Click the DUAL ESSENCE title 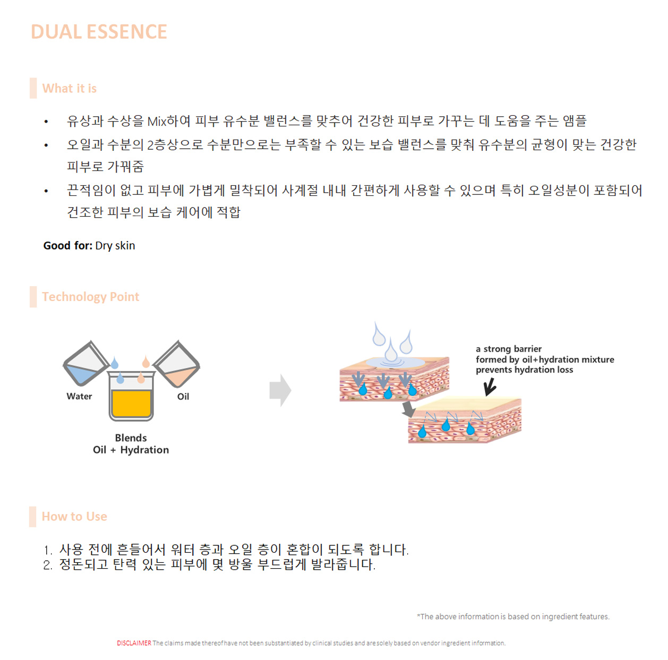[99, 32]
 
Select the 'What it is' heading [70, 88]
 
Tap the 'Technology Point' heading [90, 297]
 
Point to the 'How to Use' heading [74, 517]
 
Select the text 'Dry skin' [115, 246]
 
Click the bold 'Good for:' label [68, 246]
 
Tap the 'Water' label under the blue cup [79, 396]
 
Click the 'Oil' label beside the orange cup [183, 397]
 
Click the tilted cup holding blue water [85, 363]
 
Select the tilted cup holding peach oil [177, 364]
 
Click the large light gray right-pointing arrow [280, 390]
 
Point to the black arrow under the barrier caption [490, 386]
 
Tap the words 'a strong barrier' [509, 349]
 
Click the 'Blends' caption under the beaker [131, 438]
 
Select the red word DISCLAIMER [134, 643]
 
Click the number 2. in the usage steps [48, 565]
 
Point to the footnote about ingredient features [513, 616]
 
